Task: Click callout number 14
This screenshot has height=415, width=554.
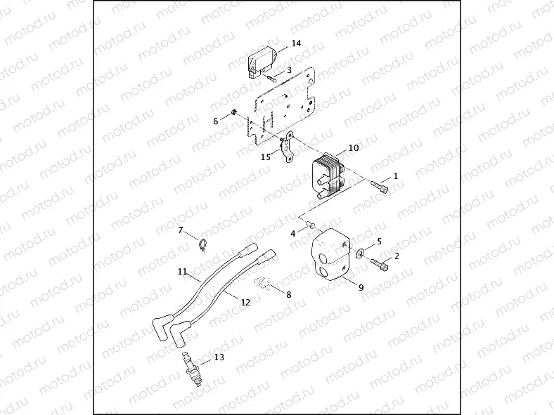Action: (x=296, y=44)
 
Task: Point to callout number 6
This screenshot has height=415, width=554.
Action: (x=216, y=121)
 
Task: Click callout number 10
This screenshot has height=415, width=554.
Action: (x=354, y=148)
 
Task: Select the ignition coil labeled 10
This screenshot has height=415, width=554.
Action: (x=326, y=176)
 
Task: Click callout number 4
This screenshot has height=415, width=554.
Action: (x=293, y=232)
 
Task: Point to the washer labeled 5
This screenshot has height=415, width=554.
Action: (x=359, y=253)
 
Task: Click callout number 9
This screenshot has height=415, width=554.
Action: (x=361, y=286)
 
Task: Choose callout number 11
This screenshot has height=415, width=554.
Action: (x=181, y=271)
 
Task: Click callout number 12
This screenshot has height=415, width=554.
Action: (x=245, y=303)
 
